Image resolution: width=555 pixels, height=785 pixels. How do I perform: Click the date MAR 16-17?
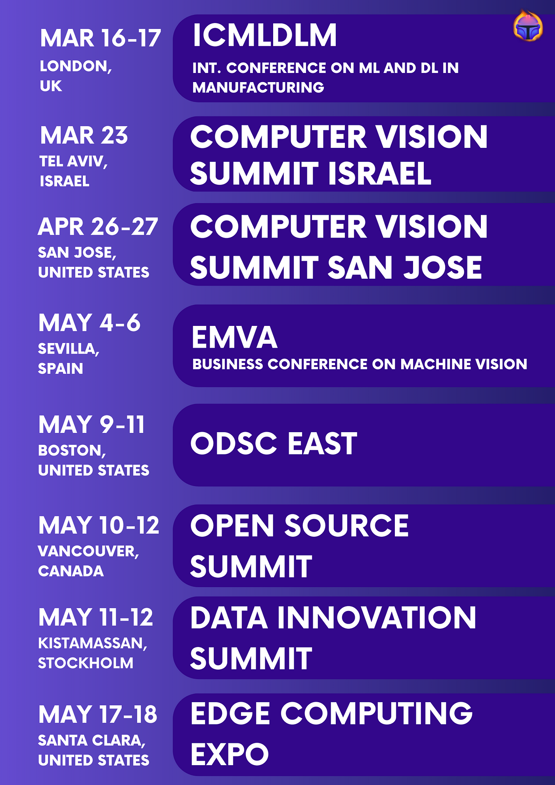[100, 38]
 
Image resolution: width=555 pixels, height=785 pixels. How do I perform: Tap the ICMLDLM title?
[264, 36]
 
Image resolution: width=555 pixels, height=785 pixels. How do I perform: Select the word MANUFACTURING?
[258, 87]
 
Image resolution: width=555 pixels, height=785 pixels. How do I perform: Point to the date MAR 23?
[84, 135]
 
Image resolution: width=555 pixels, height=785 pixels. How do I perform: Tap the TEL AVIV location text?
[73, 161]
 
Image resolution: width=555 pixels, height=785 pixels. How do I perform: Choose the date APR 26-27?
[98, 227]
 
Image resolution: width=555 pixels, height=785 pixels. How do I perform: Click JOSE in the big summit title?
[442, 267]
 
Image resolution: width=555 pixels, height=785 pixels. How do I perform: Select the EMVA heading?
[234, 337]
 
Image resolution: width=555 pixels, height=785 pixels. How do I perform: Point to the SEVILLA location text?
[69, 349]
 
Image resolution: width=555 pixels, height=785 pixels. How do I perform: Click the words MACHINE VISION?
[463, 364]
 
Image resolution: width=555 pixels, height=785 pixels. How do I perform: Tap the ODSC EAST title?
[274, 443]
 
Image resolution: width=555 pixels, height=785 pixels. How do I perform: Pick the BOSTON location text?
[72, 450]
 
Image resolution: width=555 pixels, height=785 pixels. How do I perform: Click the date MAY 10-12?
[99, 525]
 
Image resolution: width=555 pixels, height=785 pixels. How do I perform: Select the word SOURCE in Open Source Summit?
[346, 526]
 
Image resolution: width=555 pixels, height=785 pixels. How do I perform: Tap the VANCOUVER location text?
[88, 551]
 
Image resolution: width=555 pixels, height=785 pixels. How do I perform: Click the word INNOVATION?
[376, 618]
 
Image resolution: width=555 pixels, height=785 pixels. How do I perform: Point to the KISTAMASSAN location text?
[92, 643]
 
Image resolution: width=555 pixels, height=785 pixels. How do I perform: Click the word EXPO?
[230, 754]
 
